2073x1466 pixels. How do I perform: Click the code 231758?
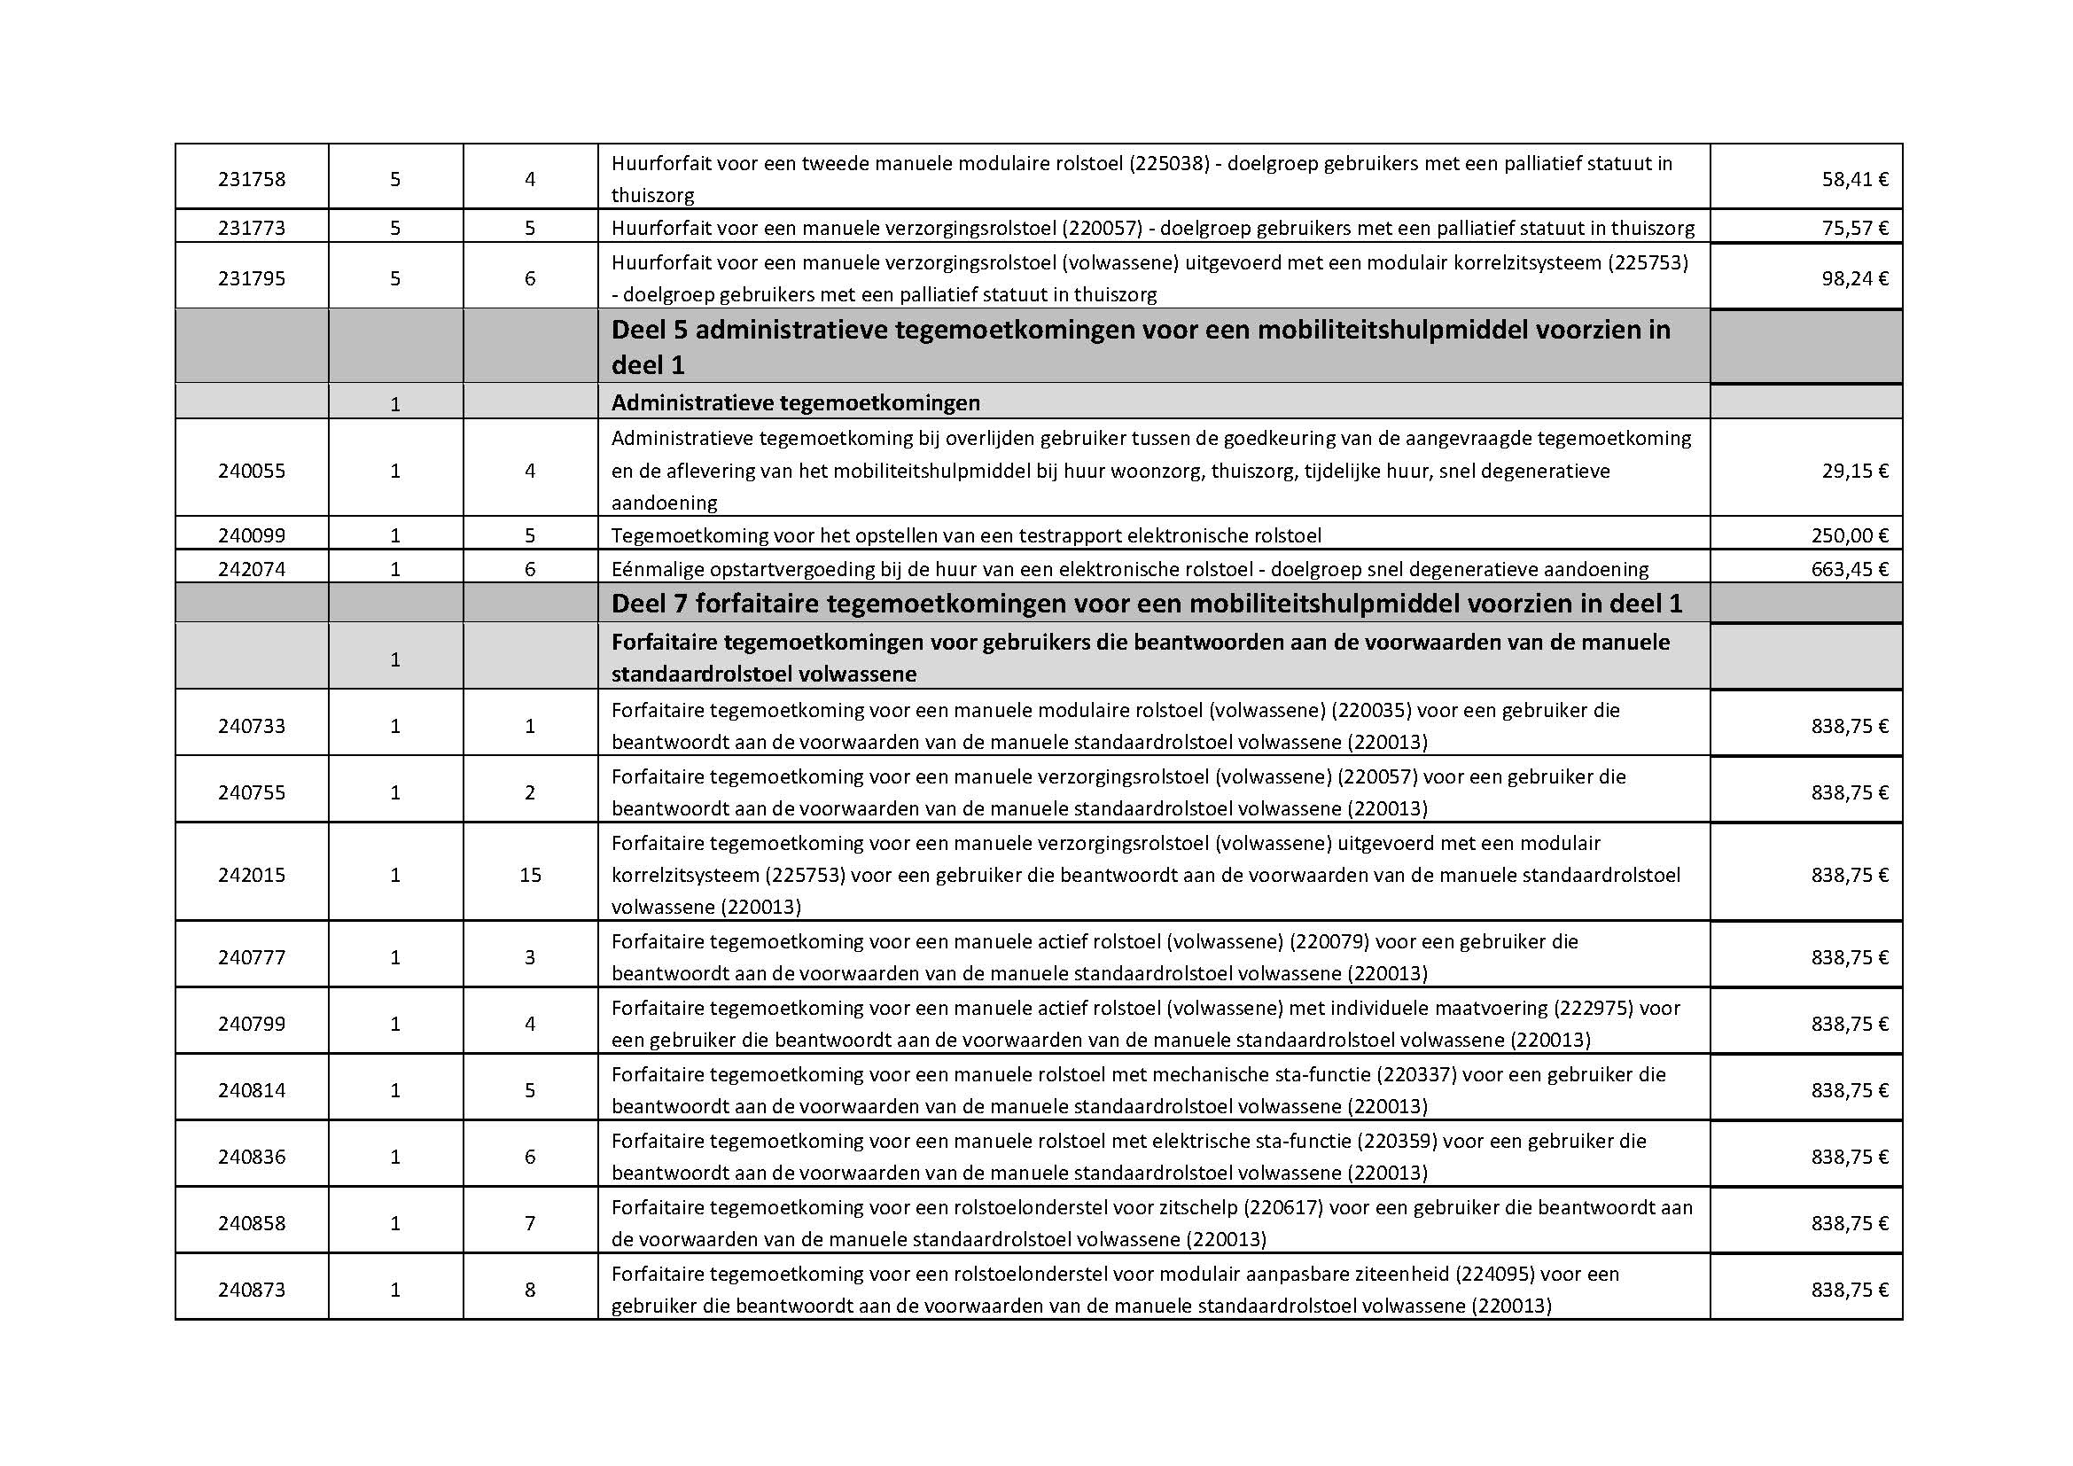pos(251,180)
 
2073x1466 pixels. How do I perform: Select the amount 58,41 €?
pos(1854,180)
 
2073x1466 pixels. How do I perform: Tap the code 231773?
pos(251,229)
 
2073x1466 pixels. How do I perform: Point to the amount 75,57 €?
pos(1854,229)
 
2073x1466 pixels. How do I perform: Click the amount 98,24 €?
pos(1854,279)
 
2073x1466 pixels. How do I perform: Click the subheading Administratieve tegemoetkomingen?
pos(795,402)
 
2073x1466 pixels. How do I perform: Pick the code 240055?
pos(251,472)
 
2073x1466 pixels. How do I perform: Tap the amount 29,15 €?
pos(1854,472)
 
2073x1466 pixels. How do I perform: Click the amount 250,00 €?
pos(1849,536)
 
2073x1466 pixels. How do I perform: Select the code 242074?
pos(251,570)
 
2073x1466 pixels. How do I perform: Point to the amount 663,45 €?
pos(1849,570)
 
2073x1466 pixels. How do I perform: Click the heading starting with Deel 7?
pos(1147,604)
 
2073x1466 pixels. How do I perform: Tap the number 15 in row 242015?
pos(530,876)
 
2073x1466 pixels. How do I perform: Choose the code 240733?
pos(251,727)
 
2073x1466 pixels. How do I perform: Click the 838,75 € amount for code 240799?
pos(1849,1025)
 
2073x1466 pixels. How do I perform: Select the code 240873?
pos(251,1290)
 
